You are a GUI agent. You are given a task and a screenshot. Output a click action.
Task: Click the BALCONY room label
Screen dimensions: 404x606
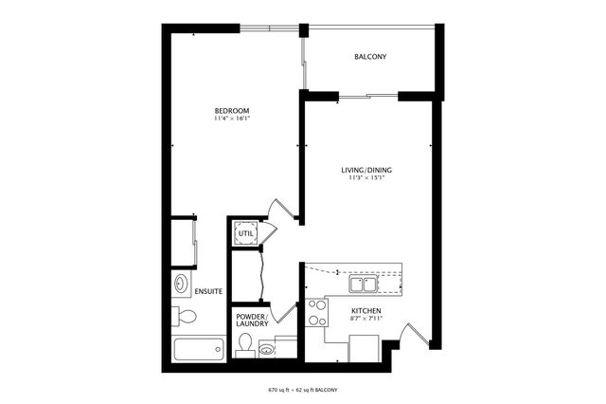coord(370,57)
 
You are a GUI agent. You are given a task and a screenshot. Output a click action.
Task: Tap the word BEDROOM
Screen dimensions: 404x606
coord(231,112)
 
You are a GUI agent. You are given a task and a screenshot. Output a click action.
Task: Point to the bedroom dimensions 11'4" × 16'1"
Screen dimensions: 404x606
coord(231,120)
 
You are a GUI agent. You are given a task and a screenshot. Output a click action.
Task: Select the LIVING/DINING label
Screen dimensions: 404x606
coord(366,171)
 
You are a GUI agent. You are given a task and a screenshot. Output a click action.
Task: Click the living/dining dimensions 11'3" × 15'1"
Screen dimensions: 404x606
coord(366,179)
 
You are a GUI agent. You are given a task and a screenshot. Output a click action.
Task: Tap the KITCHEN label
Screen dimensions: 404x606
coord(365,311)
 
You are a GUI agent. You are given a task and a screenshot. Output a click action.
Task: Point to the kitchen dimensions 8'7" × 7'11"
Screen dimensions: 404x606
coord(365,320)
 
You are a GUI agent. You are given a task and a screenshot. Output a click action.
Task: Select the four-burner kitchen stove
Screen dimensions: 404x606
coord(315,313)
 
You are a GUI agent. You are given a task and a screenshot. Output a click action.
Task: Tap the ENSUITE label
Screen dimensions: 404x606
coord(208,291)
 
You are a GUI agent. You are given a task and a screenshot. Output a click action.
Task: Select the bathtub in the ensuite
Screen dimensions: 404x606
coord(198,348)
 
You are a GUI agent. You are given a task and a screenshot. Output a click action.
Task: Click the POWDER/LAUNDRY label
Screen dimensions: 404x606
coord(250,320)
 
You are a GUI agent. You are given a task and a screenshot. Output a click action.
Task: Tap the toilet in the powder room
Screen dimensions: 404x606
coord(243,345)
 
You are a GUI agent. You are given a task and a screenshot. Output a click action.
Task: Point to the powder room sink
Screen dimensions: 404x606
coord(268,348)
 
